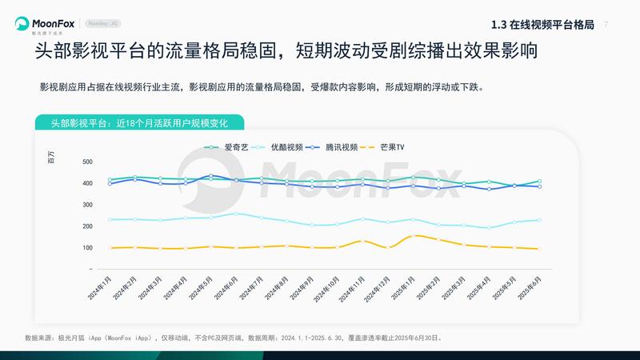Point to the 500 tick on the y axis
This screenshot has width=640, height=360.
pyautogui.click(x=87, y=162)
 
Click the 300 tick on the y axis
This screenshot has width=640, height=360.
pyautogui.click(x=87, y=205)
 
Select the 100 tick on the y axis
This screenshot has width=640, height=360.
pyautogui.click(x=87, y=247)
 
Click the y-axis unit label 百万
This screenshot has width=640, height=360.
pyautogui.click(x=51, y=157)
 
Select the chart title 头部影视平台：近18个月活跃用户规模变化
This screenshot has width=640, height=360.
pyautogui.click(x=139, y=122)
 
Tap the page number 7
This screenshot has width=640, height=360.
pyautogui.click(x=606, y=24)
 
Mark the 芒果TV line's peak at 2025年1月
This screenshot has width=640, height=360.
pyautogui.click(x=413, y=235)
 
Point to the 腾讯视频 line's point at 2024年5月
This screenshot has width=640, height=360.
pyautogui.click(x=210, y=176)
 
